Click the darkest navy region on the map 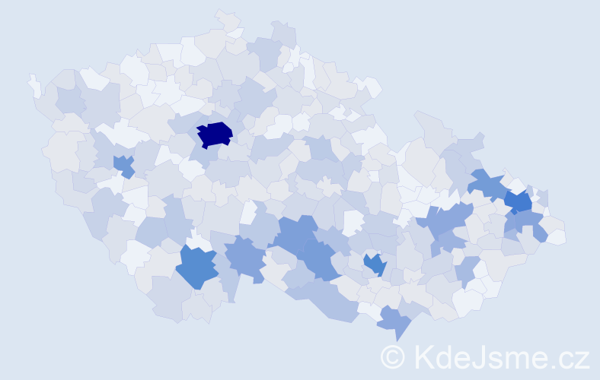[x=214, y=135]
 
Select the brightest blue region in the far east [x=519, y=201]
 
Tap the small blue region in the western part [x=123, y=164]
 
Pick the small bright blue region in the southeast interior [x=375, y=264]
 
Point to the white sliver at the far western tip [x=34, y=85]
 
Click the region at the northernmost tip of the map [x=227, y=18]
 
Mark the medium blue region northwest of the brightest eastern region [x=487, y=182]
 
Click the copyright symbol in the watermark [x=393, y=356]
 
